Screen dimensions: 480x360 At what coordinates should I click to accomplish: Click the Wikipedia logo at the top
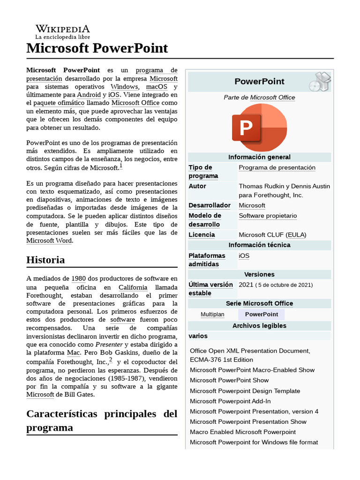[62, 31]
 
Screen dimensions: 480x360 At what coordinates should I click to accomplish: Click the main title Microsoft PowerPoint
[97, 48]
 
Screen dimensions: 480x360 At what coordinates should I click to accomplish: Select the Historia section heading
[45, 260]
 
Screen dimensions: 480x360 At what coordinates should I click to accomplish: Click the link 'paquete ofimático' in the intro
[59, 103]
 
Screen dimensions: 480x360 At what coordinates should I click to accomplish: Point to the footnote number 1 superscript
[120, 166]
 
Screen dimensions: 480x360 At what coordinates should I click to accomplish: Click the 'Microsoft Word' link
[49, 241]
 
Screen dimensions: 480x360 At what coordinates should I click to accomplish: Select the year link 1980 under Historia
[78, 278]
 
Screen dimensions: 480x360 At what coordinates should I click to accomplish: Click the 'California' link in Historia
[133, 287]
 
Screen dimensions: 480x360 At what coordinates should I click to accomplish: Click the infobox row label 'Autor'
[197, 186]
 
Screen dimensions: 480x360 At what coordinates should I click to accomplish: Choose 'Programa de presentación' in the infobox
[277, 168]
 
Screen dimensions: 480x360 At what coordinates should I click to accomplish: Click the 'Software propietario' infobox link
[268, 216]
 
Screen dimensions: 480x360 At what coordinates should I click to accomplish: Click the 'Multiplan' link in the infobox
[212, 315]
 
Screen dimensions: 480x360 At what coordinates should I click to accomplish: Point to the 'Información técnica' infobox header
[259, 245]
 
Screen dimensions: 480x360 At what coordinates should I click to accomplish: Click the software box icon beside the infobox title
[320, 82]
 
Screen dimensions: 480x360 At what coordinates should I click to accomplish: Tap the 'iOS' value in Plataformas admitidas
[244, 256]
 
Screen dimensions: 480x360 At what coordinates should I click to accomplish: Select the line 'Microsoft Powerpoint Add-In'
[230, 401]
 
